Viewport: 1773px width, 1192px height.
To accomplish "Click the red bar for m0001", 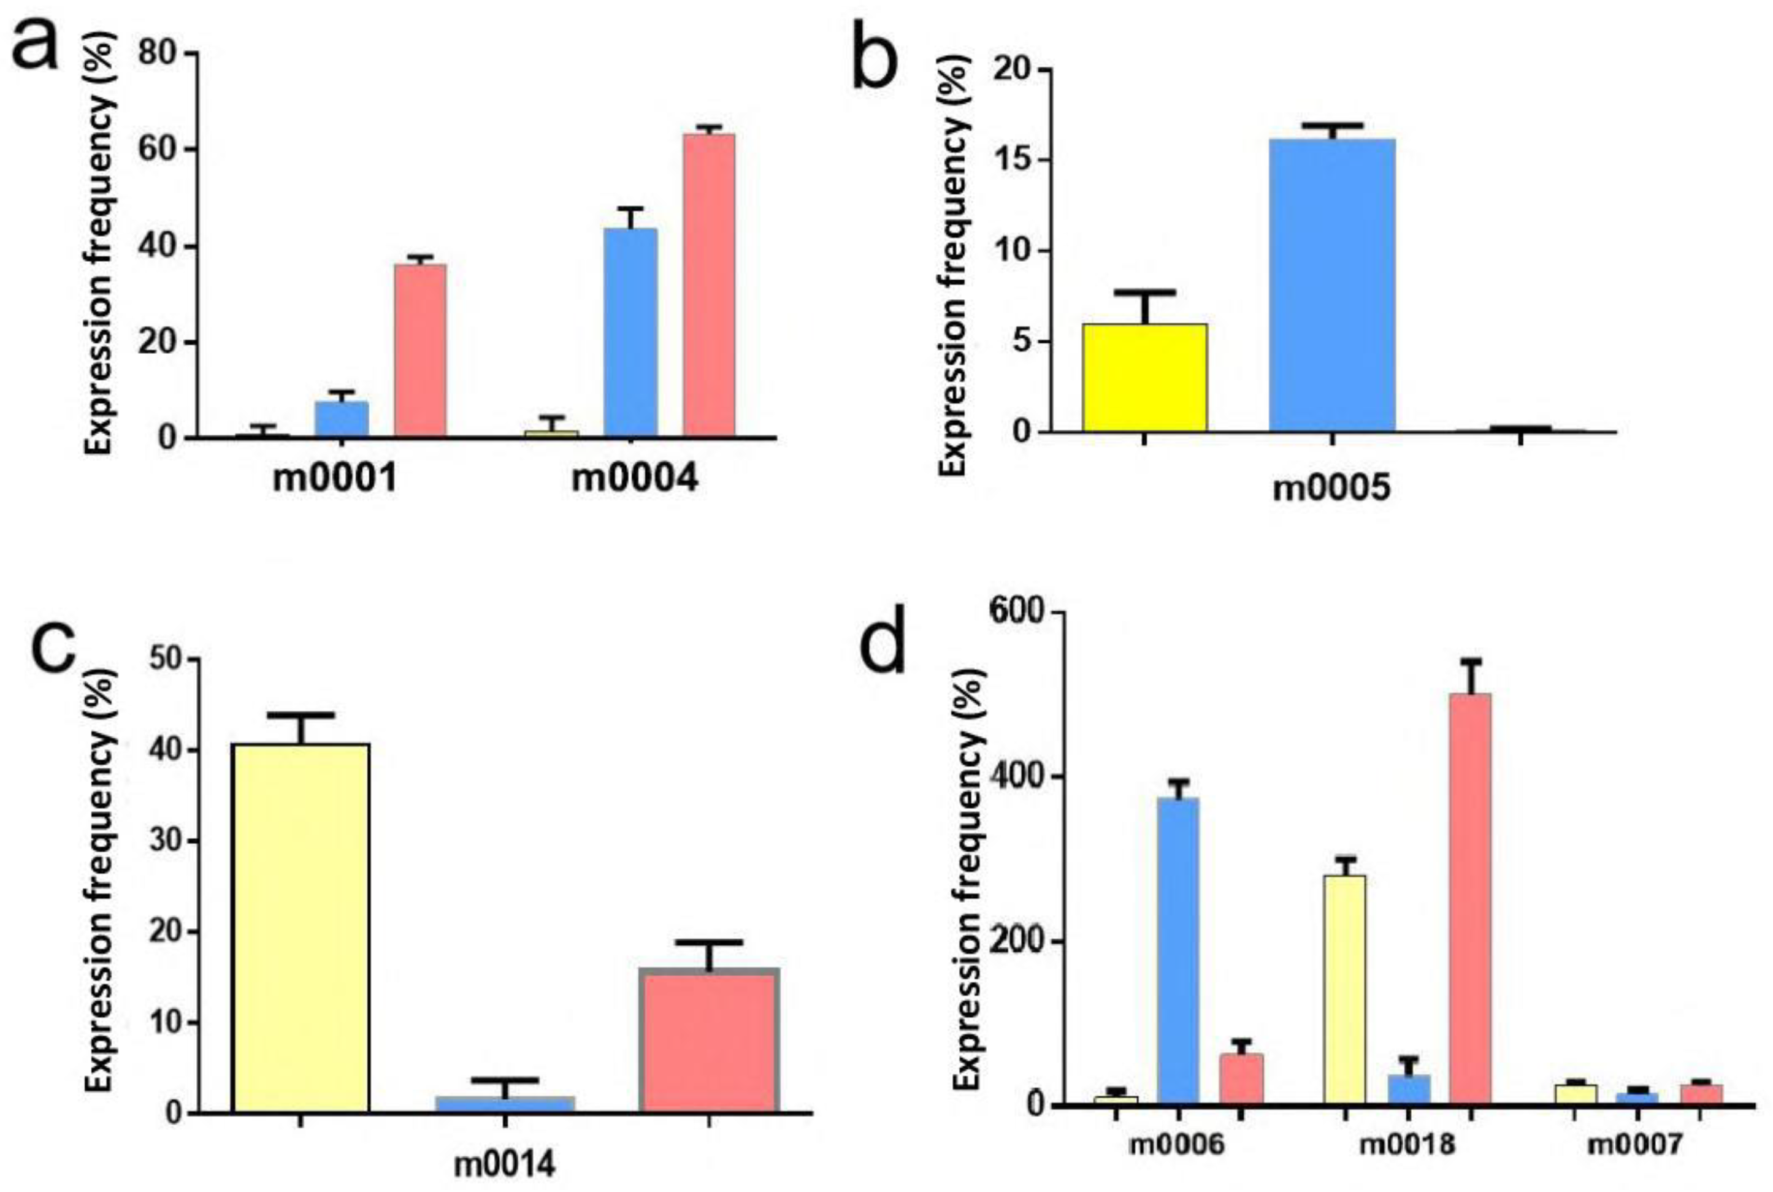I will point(419,350).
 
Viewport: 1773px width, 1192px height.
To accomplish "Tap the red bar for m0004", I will point(708,285).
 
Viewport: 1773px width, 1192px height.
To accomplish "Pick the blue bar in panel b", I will point(1331,285).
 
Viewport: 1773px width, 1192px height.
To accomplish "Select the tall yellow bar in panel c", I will point(301,928).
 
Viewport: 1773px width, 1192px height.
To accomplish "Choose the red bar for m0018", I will point(1469,898).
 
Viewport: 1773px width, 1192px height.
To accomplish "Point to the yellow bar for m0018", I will point(1344,989).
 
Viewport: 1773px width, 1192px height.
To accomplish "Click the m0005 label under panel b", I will point(1331,489).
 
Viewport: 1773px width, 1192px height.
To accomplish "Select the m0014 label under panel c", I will point(504,1164).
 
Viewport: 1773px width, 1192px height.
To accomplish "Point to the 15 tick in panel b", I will point(1019,161).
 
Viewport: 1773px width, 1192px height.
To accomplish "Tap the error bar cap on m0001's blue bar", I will point(342,392).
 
